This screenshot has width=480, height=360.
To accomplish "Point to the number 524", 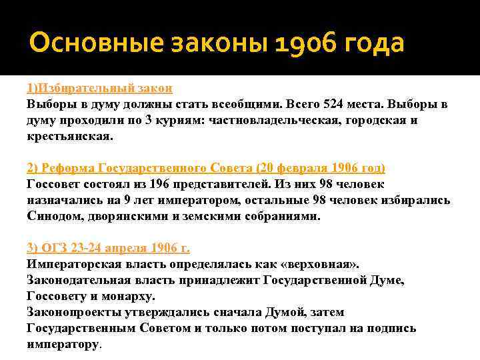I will pos(333,104).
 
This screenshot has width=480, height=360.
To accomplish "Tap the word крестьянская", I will pos(70,136).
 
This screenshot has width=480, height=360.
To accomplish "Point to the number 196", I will pos(149,183).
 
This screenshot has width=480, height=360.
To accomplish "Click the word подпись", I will pos(393,328).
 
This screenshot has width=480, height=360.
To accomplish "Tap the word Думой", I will pos(282,312).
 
